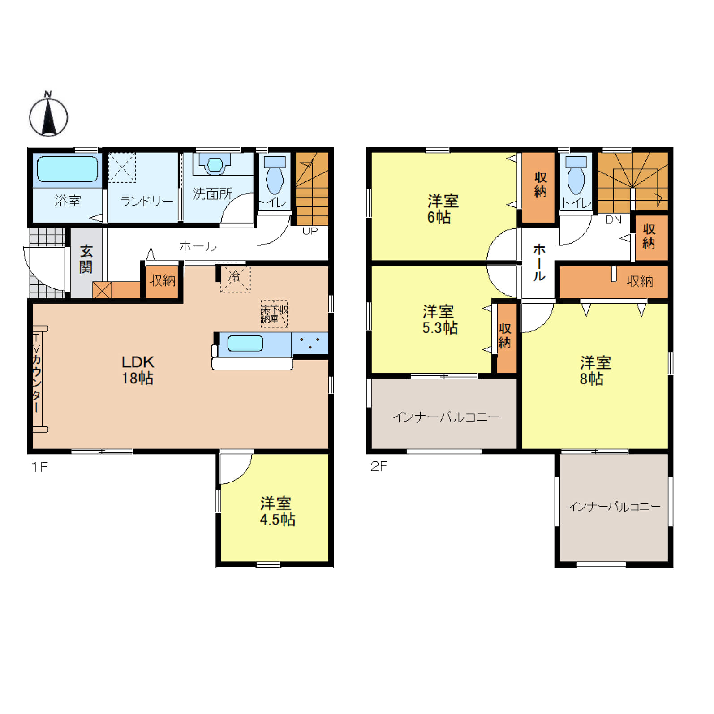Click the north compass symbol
pyautogui.click(x=48, y=115)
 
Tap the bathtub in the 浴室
pyautogui.click(x=68, y=169)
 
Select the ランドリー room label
pyautogui.click(x=146, y=201)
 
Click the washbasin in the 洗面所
pyautogui.click(x=215, y=164)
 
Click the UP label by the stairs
pyautogui.click(x=310, y=231)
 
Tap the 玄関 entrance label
pyautogui.click(x=86, y=259)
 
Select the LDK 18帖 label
pyautogui.click(x=138, y=370)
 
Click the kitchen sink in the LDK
pyautogui.click(x=245, y=344)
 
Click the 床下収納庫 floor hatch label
pyautogui.click(x=274, y=314)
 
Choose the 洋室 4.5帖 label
pyautogui.click(x=277, y=511)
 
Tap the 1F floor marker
pyautogui.click(x=39, y=467)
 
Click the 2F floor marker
pyautogui.click(x=379, y=466)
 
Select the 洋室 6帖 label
pyautogui.click(x=443, y=209)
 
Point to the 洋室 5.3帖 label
pyautogui.click(x=439, y=319)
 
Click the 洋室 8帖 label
pyautogui.click(x=595, y=370)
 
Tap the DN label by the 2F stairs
pyautogui.click(x=613, y=219)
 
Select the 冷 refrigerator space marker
pyautogui.click(x=235, y=276)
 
